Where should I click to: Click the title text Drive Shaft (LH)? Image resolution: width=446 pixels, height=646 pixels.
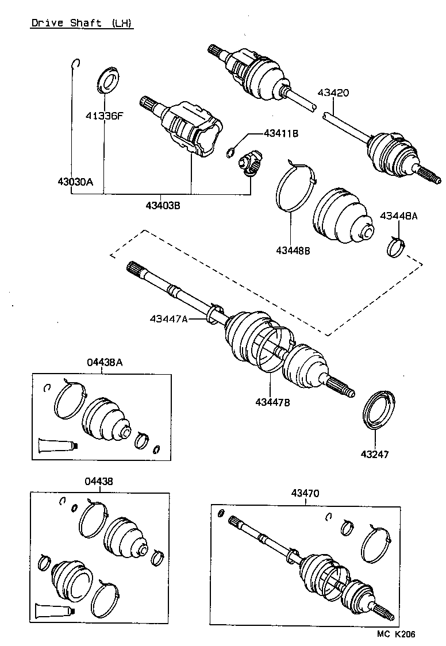81,24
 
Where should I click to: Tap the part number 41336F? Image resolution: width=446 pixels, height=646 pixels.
105,116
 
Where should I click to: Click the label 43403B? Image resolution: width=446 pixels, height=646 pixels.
163,205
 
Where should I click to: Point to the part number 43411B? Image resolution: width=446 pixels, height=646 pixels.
281,133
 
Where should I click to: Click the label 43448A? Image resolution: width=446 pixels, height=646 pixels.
399,216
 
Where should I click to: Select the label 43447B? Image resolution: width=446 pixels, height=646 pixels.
272,402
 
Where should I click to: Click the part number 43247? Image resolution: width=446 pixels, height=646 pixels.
375,454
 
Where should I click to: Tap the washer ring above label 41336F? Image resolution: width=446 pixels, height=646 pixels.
107,79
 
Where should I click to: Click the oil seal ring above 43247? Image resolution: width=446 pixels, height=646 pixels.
379,409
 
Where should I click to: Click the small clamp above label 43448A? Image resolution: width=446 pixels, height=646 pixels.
394,247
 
